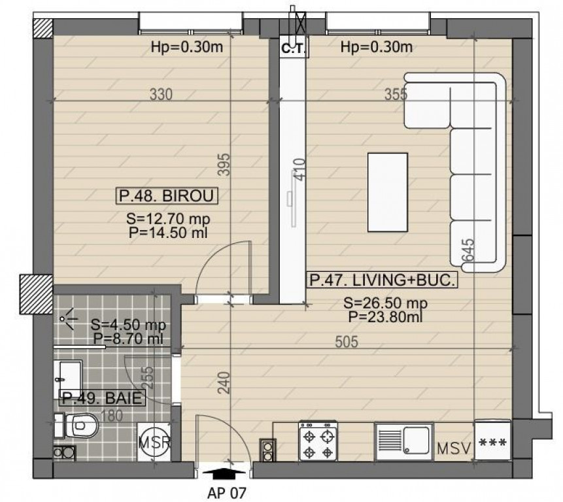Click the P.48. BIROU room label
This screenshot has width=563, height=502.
coord(167,195)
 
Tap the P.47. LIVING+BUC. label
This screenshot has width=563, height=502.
coord(381,280)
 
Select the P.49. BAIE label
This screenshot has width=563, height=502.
coord(102,397)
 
